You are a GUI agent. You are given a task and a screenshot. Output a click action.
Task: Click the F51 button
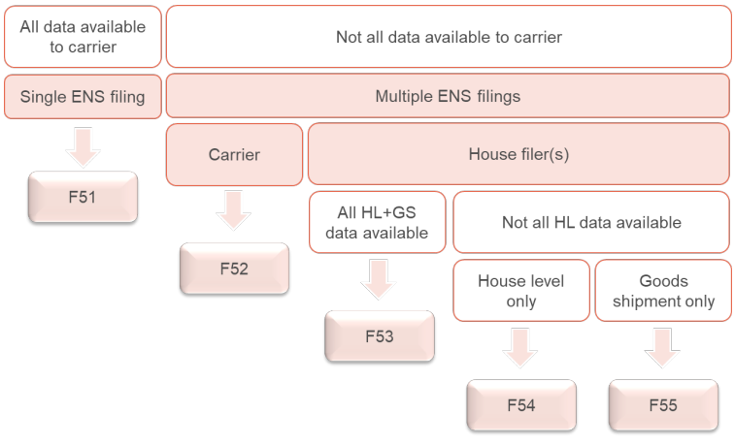(83, 197)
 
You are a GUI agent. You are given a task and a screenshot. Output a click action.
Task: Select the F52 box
(234, 269)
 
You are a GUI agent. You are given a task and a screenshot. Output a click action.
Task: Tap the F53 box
(380, 336)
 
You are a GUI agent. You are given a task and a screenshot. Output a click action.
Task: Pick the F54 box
(521, 405)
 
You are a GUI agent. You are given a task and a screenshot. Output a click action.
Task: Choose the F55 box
(663, 405)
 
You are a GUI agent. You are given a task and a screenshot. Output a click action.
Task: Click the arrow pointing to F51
(83, 147)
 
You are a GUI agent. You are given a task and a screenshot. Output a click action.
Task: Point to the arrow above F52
(233, 210)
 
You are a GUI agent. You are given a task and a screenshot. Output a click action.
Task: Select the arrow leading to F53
(379, 279)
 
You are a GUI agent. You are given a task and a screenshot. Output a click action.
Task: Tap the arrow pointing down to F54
(520, 348)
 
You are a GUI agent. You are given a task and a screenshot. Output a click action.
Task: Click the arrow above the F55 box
(662, 348)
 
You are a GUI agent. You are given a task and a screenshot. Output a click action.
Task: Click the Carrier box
(234, 154)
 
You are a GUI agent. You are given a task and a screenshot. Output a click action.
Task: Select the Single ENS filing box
(83, 96)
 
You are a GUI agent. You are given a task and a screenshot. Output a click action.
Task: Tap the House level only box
(521, 291)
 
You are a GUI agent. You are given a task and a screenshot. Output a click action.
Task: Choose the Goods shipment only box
(663, 291)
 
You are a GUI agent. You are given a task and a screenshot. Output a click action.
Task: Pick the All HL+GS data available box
(378, 222)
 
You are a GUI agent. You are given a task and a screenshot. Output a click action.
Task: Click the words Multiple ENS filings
(448, 96)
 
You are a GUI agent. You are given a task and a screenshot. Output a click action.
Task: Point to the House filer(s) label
(518, 154)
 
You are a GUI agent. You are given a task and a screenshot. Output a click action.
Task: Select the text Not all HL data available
(591, 222)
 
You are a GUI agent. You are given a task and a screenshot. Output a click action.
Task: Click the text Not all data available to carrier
(450, 37)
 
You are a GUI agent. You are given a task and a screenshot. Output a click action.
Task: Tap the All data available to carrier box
(83, 37)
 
